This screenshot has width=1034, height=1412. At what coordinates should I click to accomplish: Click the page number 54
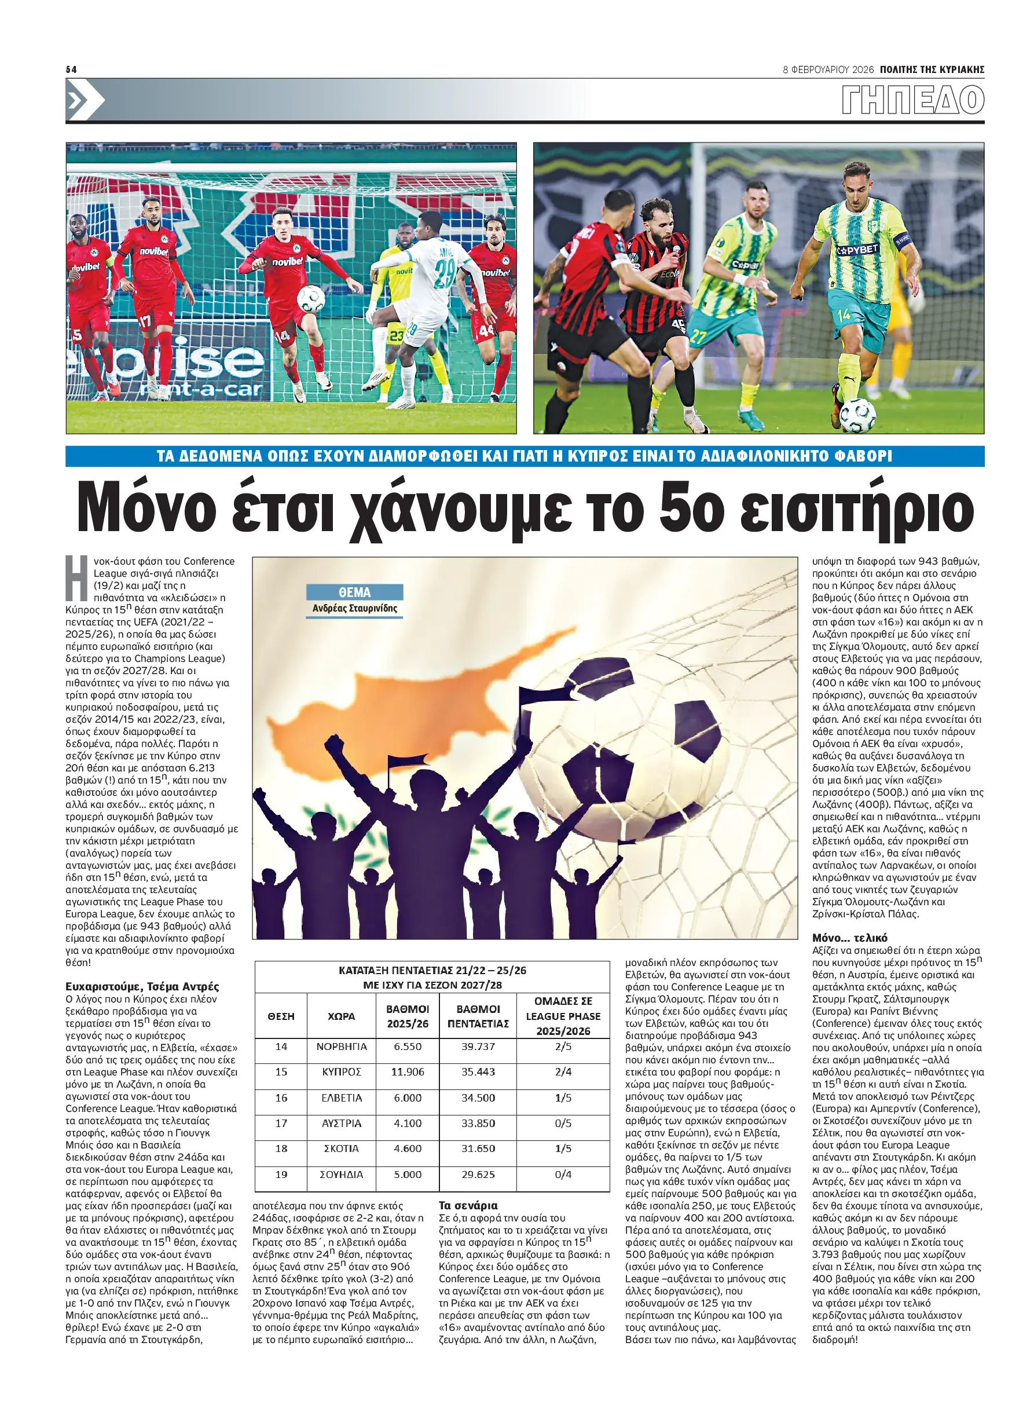(x=71, y=69)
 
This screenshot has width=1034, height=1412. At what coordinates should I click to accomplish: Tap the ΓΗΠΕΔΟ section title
(x=912, y=100)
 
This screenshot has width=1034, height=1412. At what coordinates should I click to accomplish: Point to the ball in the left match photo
(x=311, y=299)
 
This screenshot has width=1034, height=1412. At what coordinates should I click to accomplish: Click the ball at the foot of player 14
(x=857, y=414)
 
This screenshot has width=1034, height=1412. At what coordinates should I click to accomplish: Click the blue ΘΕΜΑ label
(x=354, y=592)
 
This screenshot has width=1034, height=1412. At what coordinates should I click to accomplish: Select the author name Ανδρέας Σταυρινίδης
(x=354, y=608)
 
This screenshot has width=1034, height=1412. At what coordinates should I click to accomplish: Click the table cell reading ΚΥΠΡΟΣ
(x=341, y=1072)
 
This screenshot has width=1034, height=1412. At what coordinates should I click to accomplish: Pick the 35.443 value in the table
(x=478, y=1072)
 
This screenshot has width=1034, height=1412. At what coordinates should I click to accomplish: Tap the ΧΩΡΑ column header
(x=341, y=1016)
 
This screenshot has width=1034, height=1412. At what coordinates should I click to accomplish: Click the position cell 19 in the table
(x=281, y=1175)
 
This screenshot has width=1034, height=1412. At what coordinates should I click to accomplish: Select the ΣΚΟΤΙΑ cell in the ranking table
(x=341, y=1148)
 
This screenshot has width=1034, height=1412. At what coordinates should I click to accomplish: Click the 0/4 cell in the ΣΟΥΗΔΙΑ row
(x=563, y=1175)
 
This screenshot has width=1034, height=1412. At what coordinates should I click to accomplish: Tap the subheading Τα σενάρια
(x=468, y=1205)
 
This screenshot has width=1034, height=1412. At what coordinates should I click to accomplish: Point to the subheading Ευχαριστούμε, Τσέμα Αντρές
(x=142, y=987)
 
